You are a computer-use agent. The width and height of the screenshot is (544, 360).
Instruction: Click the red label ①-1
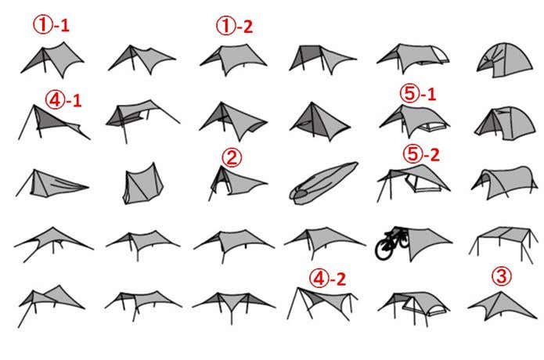click(x=52, y=25)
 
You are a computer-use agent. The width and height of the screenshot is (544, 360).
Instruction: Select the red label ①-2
click(x=235, y=27)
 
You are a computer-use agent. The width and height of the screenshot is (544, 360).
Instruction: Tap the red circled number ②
click(x=232, y=157)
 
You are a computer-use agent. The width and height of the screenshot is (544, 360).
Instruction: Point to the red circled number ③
click(x=501, y=276)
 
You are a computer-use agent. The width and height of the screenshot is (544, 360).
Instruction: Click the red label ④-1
click(x=63, y=101)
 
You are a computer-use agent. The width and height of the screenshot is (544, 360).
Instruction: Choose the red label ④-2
click(x=327, y=279)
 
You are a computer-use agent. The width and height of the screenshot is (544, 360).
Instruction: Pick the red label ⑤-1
click(x=418, y=94)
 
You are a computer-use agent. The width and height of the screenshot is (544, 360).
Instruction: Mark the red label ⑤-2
click(x=421, y=154)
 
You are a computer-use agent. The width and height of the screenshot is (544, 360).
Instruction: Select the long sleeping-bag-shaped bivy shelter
click(x=324, y=183)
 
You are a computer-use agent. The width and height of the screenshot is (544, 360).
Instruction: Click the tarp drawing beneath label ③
click(x=502, y=306)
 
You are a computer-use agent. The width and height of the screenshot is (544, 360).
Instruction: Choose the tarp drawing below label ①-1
click(x=52, y=59)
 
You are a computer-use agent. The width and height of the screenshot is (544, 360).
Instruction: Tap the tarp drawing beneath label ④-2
click(x=322, y=303)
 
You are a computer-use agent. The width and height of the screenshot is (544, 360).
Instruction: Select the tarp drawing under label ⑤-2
click(x=413, y=182)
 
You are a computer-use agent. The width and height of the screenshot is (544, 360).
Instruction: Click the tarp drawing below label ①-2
click(x=233, y=59)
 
